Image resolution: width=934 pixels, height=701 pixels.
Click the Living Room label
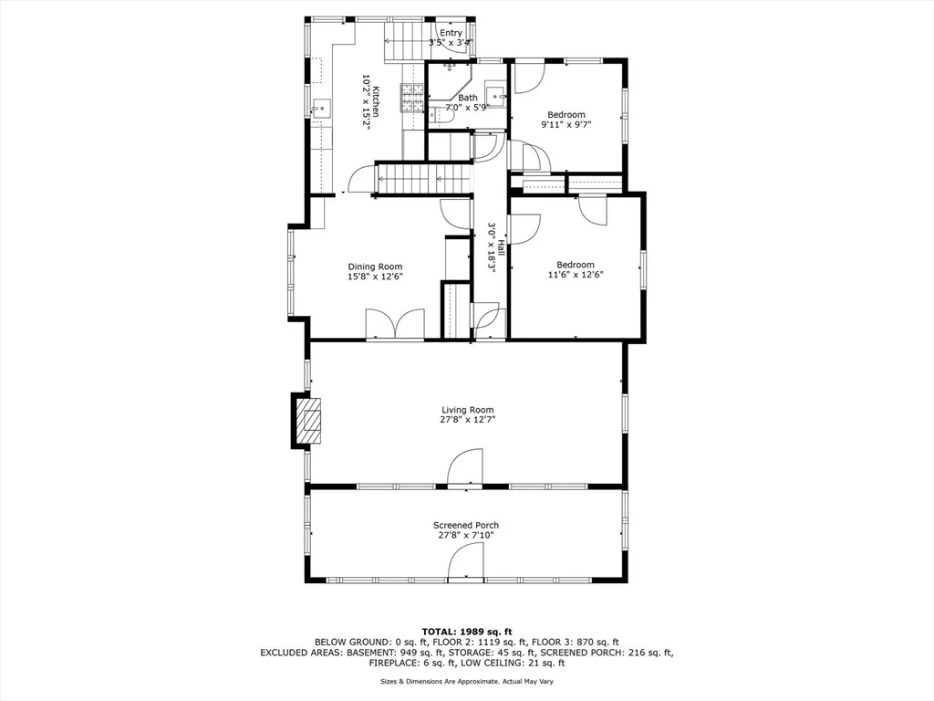point(468,410)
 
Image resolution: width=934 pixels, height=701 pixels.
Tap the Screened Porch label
point(466,525)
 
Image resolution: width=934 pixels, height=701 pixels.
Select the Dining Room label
point(375,267)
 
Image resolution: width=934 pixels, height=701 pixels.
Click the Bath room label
point(468,98)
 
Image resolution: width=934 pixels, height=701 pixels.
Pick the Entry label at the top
point(451,33)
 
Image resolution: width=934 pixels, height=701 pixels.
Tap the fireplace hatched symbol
point(310,420)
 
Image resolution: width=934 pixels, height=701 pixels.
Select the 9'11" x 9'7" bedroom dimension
point(566,124)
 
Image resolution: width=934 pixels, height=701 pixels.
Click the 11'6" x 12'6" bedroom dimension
point(576,275)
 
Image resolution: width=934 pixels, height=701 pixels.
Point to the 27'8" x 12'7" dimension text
point(468,420)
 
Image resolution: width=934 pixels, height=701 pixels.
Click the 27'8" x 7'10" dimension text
point(466,535)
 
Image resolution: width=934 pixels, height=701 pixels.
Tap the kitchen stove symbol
point(412,99)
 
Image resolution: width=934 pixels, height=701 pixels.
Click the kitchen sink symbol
point(321,109)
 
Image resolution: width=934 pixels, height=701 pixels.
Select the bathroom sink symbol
point(495,95)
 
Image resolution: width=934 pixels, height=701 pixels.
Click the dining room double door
point(395,324)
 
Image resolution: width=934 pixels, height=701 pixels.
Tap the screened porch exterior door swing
point(465,562)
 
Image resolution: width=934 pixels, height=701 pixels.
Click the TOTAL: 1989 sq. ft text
point(467,632)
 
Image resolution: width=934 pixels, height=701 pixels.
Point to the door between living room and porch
point(464,468)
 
